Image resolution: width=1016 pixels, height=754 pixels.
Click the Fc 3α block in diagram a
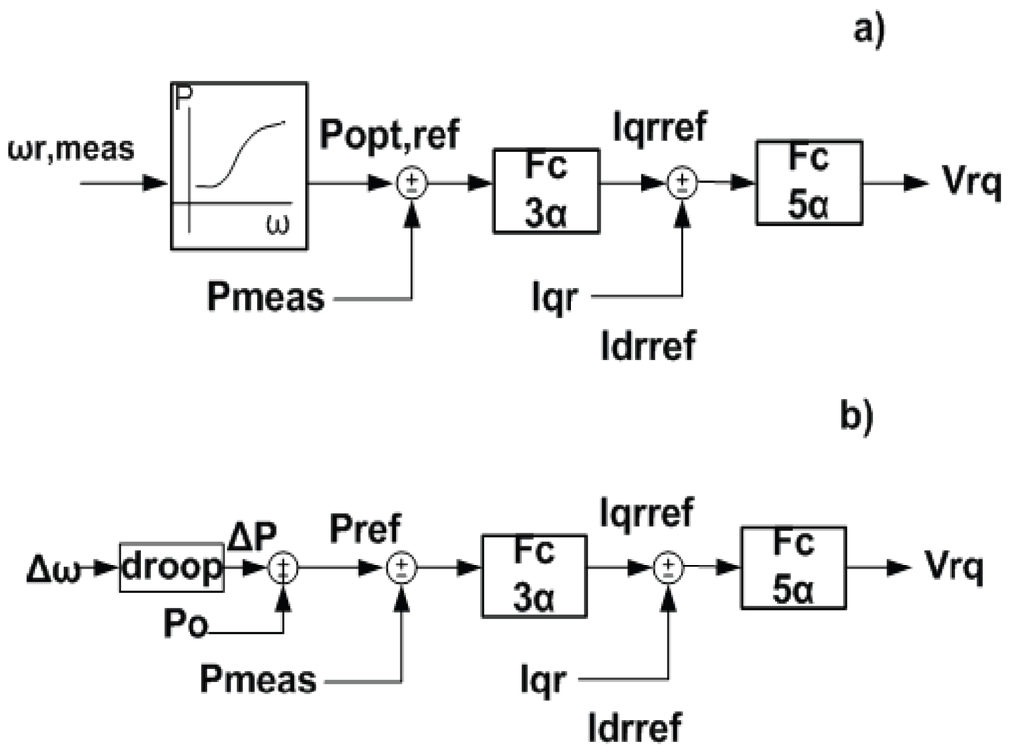547,190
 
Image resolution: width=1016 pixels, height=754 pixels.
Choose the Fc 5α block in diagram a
809,182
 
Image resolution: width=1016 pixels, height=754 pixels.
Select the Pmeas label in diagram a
266,297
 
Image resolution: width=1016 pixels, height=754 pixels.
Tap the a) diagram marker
867,29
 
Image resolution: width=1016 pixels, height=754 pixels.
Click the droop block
173,567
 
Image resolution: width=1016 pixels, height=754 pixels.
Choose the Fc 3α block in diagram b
535,574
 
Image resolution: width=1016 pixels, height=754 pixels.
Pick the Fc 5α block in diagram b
794,566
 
